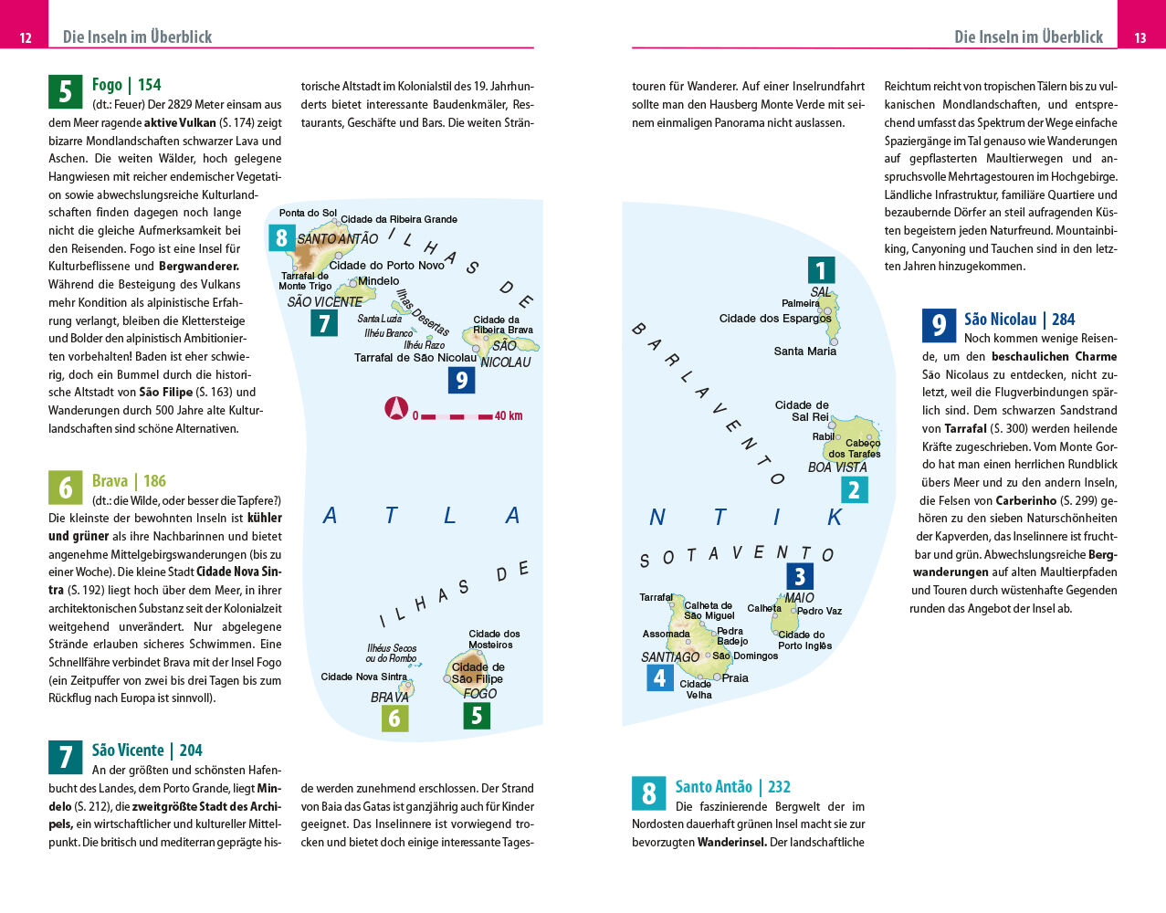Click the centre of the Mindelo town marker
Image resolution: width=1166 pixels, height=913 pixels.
(353, 282)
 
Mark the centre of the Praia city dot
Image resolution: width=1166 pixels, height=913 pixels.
(717, 677)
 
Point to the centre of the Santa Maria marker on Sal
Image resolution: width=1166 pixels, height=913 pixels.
(834, 341)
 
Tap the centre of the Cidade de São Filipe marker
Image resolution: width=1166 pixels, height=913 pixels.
(446, 678)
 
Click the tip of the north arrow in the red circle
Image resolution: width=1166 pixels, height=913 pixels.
(396, 399)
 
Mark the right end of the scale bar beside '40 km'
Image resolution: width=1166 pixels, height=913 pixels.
(492, 417)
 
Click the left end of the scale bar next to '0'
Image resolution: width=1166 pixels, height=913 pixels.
(421, 417)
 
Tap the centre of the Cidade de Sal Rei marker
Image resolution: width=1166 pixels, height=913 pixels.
(832, 425)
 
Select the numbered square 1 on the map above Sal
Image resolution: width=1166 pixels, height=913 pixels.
(821, 270)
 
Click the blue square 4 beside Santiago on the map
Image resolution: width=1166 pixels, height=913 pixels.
(660, 677)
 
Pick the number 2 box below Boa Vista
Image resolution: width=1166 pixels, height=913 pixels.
(855, 489)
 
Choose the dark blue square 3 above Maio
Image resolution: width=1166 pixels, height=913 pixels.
(800, 576)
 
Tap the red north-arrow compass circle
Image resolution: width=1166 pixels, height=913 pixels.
(396, 408)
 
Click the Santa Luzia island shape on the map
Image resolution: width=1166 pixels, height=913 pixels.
(400, 308)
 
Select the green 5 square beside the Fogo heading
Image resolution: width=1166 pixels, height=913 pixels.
(66, 91)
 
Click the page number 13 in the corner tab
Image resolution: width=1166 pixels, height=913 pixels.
(1140, 37)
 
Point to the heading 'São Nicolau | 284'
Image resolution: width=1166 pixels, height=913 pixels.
(1019, 320)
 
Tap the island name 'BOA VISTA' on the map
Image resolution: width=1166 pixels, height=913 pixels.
(837, 467)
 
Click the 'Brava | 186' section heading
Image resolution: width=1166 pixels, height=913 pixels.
(129, 480)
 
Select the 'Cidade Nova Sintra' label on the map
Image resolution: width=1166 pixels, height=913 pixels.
(363, 677)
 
